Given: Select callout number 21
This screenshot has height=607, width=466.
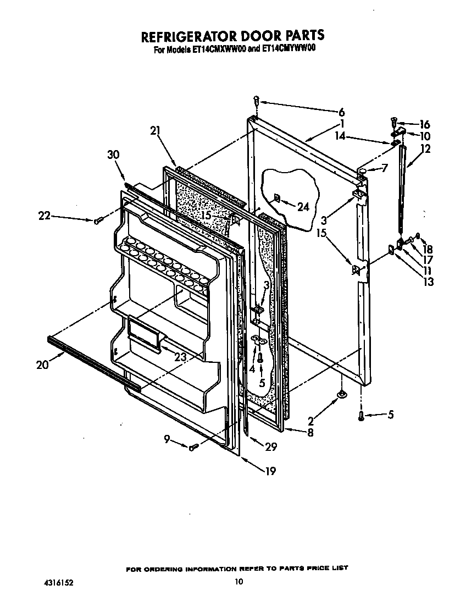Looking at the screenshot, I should tap(156, 130).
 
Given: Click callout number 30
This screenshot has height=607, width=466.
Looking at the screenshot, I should tap(113, 155).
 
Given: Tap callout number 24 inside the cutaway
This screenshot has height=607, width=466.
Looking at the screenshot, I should tap(303, 207).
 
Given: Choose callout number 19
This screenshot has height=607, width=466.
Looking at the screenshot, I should tap(270, 471).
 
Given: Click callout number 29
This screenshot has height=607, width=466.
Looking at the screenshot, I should tap(270, 448).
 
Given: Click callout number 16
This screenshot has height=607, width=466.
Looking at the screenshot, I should tap(424, 124).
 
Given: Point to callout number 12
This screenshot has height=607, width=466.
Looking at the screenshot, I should tap(426, 148).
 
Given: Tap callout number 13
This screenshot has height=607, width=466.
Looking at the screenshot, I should tap(428, 282).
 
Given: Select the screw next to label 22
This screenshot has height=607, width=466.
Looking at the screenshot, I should tap(97, 221).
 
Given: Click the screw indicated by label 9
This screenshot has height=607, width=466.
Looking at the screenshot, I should tap(192, 448).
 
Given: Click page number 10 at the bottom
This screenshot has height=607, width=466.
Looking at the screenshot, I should tap(238, 582).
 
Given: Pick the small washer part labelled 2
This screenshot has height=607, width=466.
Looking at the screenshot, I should tap(341, 394).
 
